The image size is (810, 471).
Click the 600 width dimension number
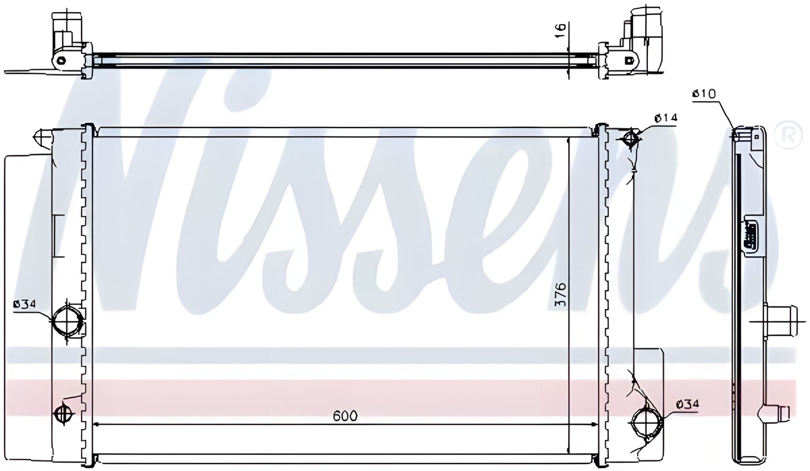345,416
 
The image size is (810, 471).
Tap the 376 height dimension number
560,295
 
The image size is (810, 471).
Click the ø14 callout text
666,118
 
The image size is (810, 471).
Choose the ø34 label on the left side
25,304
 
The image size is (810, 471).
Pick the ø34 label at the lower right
687,404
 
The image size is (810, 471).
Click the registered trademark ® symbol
788,134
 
